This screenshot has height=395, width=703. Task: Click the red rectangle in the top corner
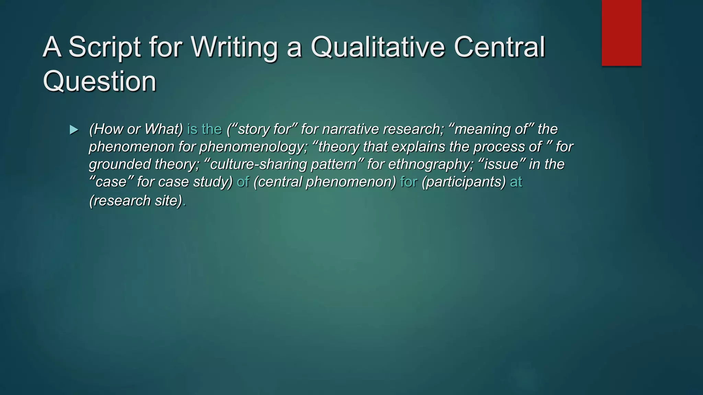tap(621, 33)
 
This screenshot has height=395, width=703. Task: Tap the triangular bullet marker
tap(74, 130)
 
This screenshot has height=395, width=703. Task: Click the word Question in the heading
tap(100, 81)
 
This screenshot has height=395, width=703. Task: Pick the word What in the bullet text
tap(163, 129)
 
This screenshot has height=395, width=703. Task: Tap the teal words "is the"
tap(205, 129)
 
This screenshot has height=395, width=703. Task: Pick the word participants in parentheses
tap(464, 182)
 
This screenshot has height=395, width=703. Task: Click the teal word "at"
tap(516, 182)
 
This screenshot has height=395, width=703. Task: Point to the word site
tap(168, 201)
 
